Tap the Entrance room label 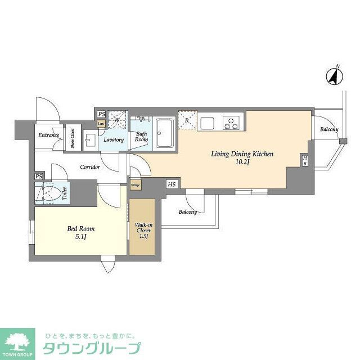point(48,136)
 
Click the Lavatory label point(113,139)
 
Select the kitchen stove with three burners point(231,121)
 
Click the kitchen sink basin point(206,122)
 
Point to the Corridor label point(90,167)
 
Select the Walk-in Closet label point(142,230)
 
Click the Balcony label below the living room point(188,212)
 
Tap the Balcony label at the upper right point(329,130)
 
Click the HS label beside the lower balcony point(171,184)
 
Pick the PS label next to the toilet point(38,177)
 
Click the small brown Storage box point(136,184)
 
